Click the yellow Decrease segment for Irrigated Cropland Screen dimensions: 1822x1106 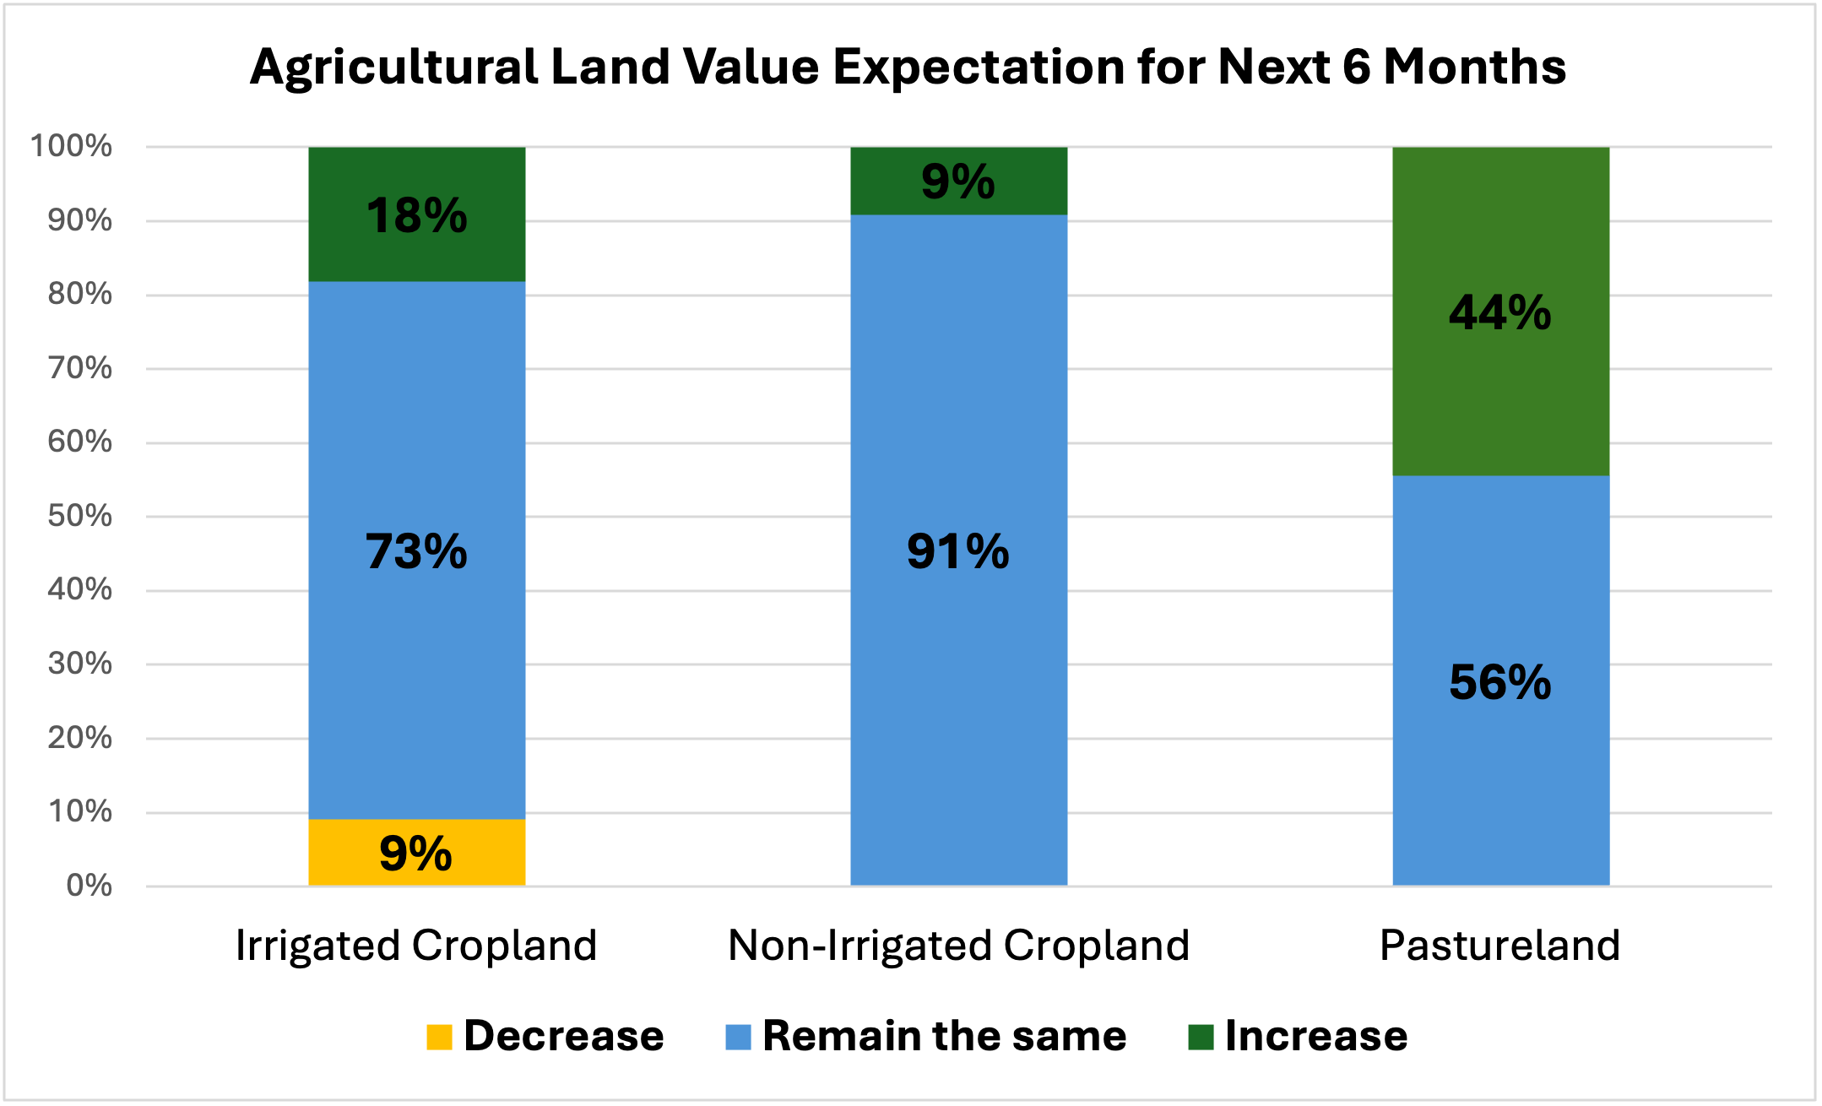[x=416, y=852]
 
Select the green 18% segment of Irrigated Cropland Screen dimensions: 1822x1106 [x=416, y=214]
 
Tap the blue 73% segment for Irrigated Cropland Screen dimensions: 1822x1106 [x=416, y=550]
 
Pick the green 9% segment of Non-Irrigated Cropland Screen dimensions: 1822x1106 [x=958, y=181]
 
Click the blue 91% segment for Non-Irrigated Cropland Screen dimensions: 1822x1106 [x=958, y=550]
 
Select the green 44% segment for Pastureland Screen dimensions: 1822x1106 [x=1500, y=312]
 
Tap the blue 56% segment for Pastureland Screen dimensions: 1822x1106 [x=1500, y=680]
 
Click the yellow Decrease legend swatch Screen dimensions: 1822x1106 [x=439, y=1037]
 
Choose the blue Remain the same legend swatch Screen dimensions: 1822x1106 [x=738, y=1037]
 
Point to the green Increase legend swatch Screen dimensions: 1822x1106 [x=1201, y=1037]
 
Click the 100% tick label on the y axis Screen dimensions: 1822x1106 [x=71, y=146]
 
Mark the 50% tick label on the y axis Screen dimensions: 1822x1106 [x=79, y=516]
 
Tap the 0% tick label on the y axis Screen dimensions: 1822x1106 [x=89, y=886]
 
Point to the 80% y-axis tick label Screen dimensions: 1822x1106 [x=79, y=294]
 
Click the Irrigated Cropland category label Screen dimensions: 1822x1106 [x=416, y=946]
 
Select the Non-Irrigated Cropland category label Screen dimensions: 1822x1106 [x=958, y=946]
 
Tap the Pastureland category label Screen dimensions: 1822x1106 [x=1500, y=945]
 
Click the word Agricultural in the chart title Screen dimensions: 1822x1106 [x=394, y=68]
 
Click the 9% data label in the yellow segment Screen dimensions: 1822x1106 [x=415, y=854]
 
